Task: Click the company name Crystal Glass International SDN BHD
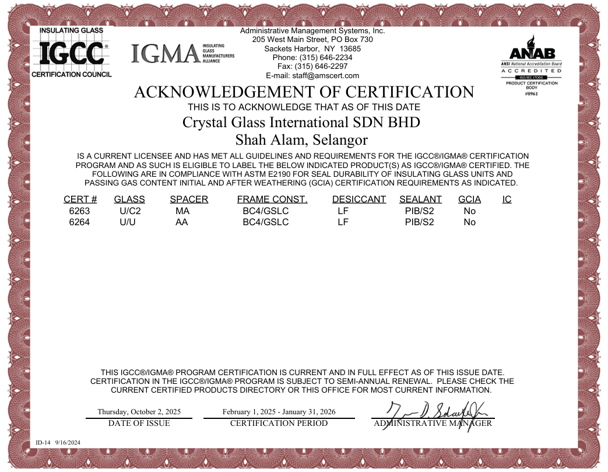pos(301,123)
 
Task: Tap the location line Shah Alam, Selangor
pos(301,140)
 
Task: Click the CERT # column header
pos(80,200)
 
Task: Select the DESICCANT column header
pos(359,200)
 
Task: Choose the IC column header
pos(507,200)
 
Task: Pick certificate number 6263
pos(79,211)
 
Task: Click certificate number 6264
pos(79,222)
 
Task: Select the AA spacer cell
pos(182,222)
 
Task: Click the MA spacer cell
pos(182,211)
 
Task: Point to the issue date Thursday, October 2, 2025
pos(139,411)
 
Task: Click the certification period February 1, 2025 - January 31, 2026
pos(279,411)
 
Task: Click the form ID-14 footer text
pos(58,443)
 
